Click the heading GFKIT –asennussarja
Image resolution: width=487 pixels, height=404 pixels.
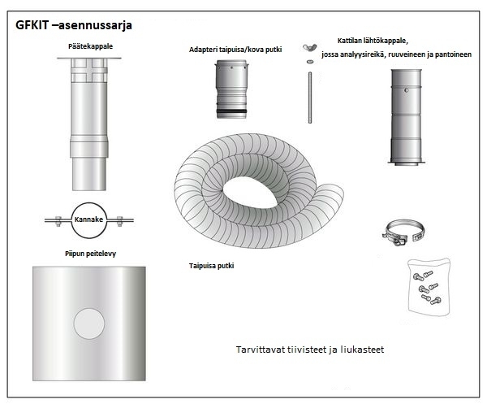coord(74,25)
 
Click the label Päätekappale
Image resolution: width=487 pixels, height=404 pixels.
coord(90,46)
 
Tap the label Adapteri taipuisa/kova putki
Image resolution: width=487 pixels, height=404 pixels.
coord(235,50)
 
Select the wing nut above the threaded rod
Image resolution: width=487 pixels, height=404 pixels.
coord(310,47)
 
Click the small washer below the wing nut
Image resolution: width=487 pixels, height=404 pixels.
coord(310,62)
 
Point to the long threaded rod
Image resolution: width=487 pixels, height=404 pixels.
coord(310,98)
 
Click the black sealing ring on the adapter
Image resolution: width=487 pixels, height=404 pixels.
coord(231,111)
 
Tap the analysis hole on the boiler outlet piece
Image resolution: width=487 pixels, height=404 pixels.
coord(407,90)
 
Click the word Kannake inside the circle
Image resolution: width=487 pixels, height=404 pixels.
coord(88,219)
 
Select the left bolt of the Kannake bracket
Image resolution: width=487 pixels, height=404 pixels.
coord(58,221)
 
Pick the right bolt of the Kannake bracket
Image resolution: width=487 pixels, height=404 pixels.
coord(120,221)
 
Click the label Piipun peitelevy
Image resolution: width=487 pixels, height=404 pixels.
coord(90,254)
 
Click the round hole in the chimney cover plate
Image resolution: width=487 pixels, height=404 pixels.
coord(89,324)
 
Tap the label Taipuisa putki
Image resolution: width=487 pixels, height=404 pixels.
coord(212,266)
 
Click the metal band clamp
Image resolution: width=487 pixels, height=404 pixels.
coord(403,232)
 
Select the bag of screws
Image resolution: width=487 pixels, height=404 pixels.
coord(429,287)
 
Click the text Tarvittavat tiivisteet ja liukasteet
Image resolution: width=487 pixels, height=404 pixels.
coord(310,350)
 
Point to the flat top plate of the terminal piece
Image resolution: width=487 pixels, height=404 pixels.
coord(89,59)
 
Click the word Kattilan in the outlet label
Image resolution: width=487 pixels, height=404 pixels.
coord(349,41)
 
